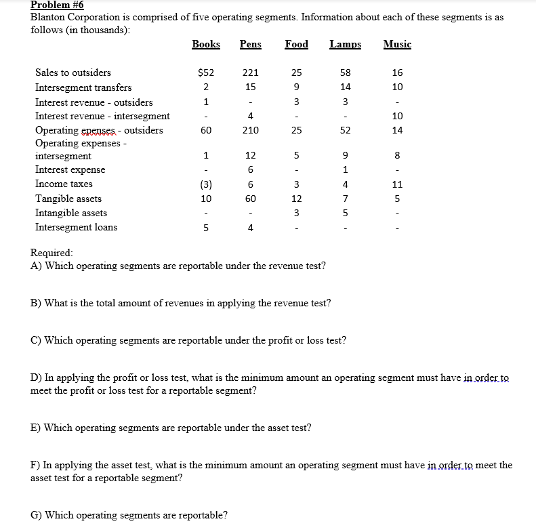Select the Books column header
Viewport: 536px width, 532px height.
(206, 44)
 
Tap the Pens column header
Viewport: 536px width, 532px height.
(250, 44)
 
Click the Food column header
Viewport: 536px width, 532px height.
(296, 44)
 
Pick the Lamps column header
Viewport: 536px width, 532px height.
(345, 44)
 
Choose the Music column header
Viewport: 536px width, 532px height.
(397, 44)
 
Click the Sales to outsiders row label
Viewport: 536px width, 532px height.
(73, 73)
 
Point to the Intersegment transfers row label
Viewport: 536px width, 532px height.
(83, 87)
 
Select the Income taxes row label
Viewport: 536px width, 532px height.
(64, 184)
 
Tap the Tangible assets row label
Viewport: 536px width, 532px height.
(68, 199)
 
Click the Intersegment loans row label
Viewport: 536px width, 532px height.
(76, 227)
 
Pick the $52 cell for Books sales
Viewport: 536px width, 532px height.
(205, 73)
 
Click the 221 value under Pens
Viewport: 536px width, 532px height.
(250, 73)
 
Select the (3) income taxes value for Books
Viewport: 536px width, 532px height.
(205, 184)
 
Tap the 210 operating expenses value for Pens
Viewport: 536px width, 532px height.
(250, 130)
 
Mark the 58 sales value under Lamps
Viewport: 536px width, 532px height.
(346, 73)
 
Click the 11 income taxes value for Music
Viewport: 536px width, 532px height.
(397, 184)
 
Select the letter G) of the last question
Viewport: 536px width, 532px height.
(36, 515)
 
